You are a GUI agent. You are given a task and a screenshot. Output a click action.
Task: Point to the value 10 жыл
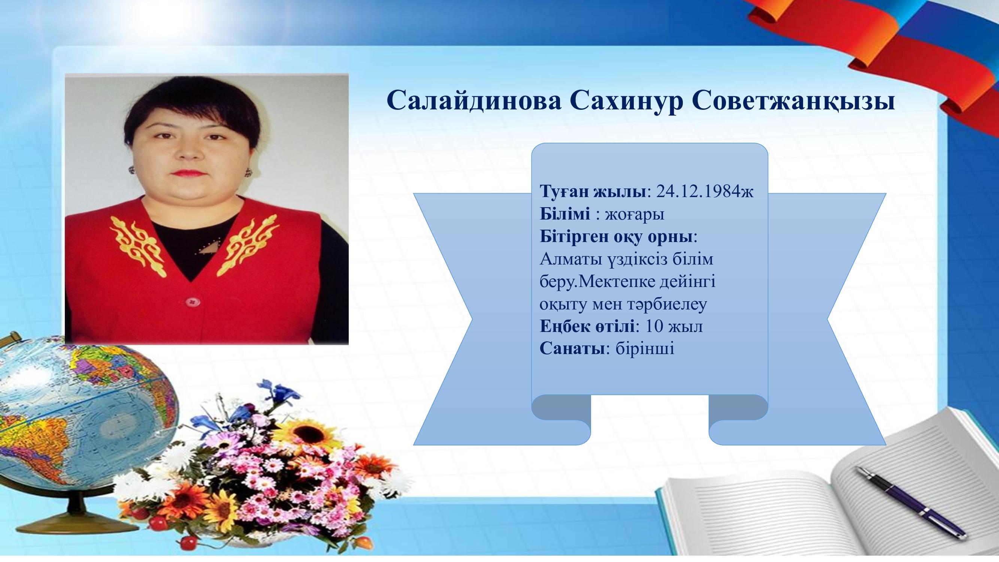click(x=674, y=327)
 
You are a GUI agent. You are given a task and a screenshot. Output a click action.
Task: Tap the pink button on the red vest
click(x=191, y=301)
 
